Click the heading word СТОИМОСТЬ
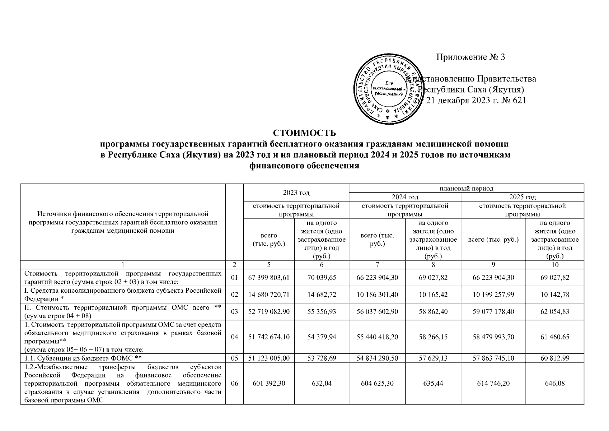304,133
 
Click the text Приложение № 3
470,57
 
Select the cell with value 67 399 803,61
268,278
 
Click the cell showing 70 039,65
322,278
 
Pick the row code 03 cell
234,311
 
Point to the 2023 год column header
296,193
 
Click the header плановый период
466,188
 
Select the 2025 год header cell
522,197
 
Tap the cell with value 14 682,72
322,295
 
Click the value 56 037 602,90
377,311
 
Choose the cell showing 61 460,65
555,337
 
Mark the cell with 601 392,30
268,383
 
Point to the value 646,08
555,383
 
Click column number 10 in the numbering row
555,265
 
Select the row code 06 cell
234,383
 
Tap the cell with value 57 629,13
433,358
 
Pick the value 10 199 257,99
493,295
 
